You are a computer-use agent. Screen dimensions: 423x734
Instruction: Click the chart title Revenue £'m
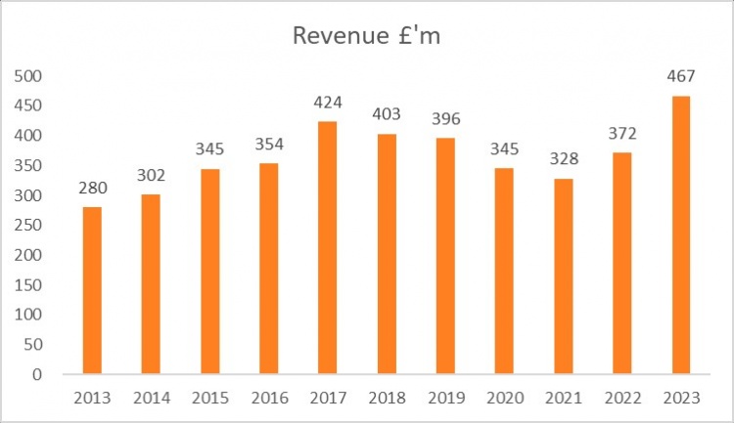pyautogui.click(x=368, y=36)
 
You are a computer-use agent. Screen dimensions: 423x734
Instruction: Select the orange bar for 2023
pyautogui.click(x=680, y=234)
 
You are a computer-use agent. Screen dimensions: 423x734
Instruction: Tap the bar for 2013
pyautogui.click(x=92, y=290)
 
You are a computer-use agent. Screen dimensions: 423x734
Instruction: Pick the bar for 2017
pyautogui.click(x=328, y=247)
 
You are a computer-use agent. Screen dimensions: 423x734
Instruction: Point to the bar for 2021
pyautogui.click(x=563, y=275)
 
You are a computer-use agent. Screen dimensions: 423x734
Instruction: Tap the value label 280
pyautogui.click(x=92, y=189)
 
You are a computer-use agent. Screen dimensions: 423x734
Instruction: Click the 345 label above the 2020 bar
pyautogui.click(x=504, y=149)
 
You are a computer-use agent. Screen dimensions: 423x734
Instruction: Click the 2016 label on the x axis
pyautogui.click(x=269, y=398)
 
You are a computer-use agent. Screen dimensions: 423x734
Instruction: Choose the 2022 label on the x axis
pyautogui.click(x=621, y=398)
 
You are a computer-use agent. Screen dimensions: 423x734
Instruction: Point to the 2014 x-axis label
pyautogui.click(x=151, y=398)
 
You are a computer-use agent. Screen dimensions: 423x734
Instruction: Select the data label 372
pyautogui.click(x=621, y=134)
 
